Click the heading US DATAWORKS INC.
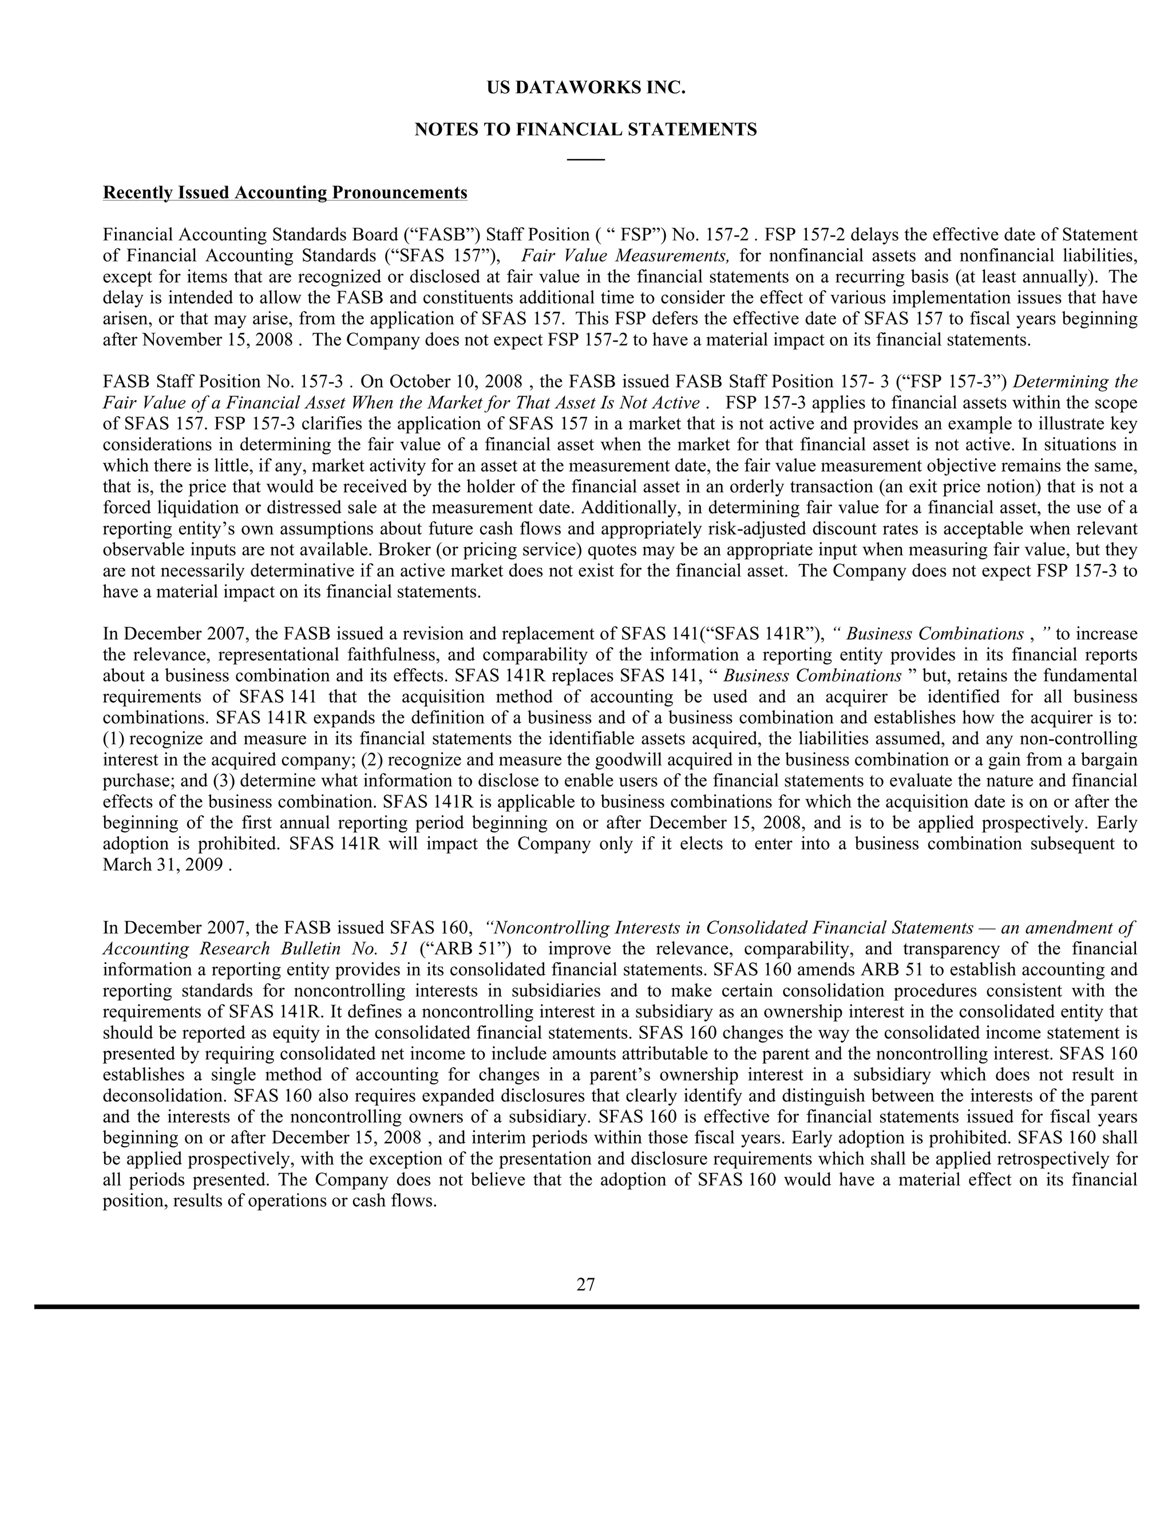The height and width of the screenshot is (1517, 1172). pyautogui.click(x=585, y=88)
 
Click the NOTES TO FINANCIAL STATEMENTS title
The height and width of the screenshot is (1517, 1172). pyautogui.click(x=585, y=130)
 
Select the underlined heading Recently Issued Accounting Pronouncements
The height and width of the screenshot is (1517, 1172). pyautogui.click(x=284, y=192)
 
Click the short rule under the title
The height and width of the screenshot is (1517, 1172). pyautogui.click(x=585, y=160)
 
